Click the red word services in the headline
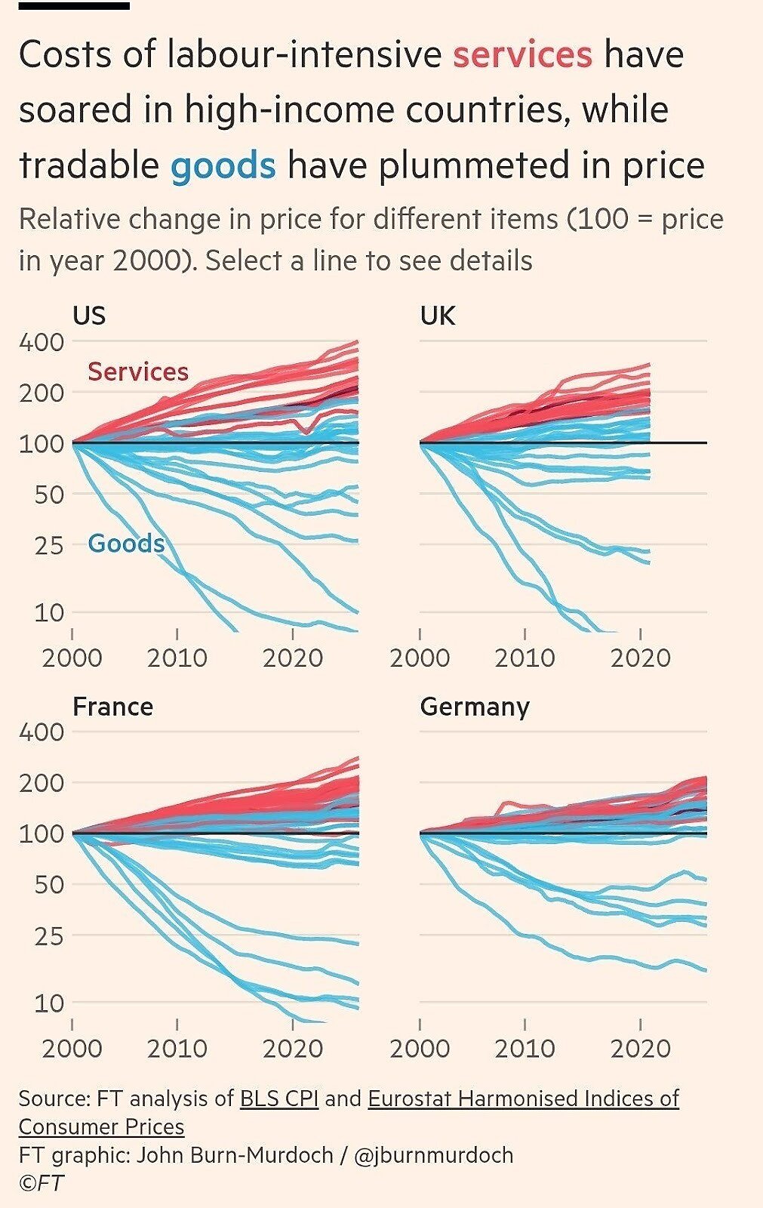point(522,55)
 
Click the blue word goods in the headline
point(223,165)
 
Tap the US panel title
point(89,315)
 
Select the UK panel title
point(438,315)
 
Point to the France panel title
point(112,707)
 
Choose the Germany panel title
point(475,707)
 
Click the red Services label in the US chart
point(138,371)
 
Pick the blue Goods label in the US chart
point(126,544)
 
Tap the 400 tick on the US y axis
point(42,342)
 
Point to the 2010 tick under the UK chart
point(525,658)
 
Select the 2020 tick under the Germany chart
point(640,1048)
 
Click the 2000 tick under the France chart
point(72,1048)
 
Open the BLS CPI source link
point(279,1098)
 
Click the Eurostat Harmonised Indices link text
point(523,1098)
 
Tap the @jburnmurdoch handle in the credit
point(433,1155)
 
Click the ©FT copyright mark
point(42,1183)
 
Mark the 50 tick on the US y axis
point(49,495)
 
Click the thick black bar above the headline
point(74,6)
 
